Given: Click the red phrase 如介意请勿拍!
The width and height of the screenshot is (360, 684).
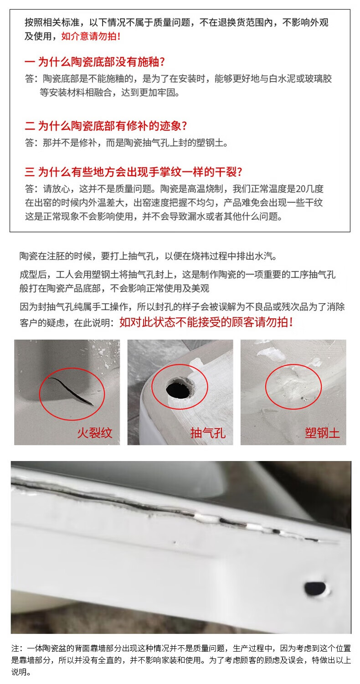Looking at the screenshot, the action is [91, 36].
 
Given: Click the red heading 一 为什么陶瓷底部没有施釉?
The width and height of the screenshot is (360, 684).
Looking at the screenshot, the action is [95, 62].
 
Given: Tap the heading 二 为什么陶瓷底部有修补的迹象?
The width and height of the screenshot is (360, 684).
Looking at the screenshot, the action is [106, 126].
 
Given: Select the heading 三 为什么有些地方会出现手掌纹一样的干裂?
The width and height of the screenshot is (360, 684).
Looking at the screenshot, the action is [134, 172].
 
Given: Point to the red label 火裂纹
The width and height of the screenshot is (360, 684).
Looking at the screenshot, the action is [95, 433].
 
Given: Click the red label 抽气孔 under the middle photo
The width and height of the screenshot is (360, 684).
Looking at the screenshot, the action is [208, 433].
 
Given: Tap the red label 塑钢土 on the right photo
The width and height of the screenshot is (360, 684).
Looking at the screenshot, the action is [322, 433].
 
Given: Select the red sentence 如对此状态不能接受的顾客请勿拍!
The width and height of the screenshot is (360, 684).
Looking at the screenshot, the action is [206, 322].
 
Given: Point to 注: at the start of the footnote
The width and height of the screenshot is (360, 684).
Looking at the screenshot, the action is [17, 648].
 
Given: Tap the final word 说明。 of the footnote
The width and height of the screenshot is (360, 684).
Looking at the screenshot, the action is [21, 672].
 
